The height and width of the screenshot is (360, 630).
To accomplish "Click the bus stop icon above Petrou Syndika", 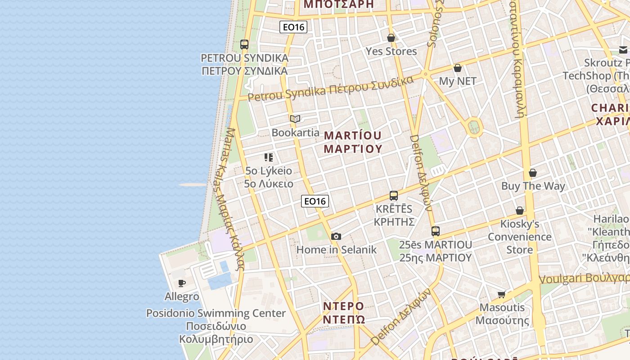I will click(x=244, y=45).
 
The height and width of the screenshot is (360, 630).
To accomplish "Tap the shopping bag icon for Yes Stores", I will click(x=391, y=38).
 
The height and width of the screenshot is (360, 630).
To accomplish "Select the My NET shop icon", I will click(x=458, y=68).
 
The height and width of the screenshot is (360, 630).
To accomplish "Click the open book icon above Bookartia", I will click(x=295, y=119).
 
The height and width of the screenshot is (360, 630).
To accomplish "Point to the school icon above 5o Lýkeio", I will click(x=269, y=157).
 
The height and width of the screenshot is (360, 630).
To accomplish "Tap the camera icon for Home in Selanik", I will click(x=336, y=236).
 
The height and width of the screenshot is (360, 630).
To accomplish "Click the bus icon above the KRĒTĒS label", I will click(x=394, y=196).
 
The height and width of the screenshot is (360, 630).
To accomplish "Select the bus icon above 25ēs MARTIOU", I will click(x=436, y=231).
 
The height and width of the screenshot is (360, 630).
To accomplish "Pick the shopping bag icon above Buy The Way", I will click(x=533, y=173).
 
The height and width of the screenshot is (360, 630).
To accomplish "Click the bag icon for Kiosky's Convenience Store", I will click(x=520, y=211).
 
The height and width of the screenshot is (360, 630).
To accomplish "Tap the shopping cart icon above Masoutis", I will click(x=502, y=294).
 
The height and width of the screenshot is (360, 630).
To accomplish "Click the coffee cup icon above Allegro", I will click(x=182, y=283).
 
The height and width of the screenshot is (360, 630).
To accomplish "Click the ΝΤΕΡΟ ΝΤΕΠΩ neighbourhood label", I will click(x=344, y=313).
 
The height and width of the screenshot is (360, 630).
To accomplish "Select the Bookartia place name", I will click(x=295, y=133).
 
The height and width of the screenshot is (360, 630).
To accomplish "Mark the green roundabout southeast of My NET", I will click(x=474, y=127).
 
